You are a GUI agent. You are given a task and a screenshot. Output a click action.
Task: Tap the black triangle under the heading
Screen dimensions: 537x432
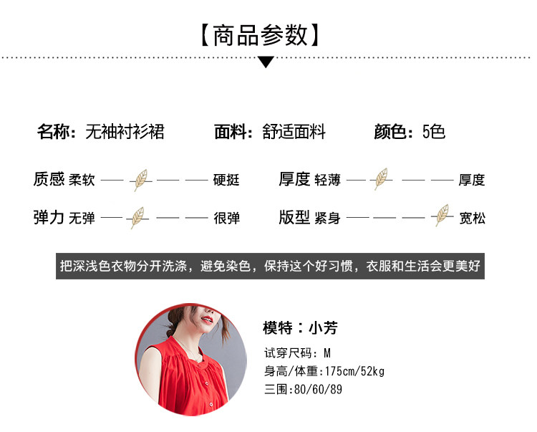click(266, 62)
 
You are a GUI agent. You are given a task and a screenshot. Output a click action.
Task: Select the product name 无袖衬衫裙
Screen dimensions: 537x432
click(125, 132)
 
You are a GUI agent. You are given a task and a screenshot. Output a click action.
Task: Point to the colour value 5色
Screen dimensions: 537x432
click(434, 132)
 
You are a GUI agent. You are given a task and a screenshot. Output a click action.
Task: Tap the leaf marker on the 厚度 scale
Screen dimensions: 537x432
click(381, 179)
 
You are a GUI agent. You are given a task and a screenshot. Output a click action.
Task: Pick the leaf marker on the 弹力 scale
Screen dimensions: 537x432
click(136, 217)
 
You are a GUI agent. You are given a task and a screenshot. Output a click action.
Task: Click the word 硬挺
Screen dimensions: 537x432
click(226, 180)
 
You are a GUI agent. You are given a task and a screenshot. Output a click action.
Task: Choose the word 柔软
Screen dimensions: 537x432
click(82, 180)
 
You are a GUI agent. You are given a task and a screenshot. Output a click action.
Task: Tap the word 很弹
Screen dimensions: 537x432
click(226, 218)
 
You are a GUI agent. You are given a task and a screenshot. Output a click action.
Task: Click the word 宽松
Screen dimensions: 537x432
click(472, 218)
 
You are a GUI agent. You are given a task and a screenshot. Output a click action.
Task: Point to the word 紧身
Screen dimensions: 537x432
click(327, 218)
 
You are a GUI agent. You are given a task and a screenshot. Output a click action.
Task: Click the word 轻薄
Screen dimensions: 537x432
click(327, 180)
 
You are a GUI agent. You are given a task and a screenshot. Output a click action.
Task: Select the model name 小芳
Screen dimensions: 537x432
click(323, 328)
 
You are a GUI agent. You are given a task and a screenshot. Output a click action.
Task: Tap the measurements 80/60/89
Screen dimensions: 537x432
click(319, 390)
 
